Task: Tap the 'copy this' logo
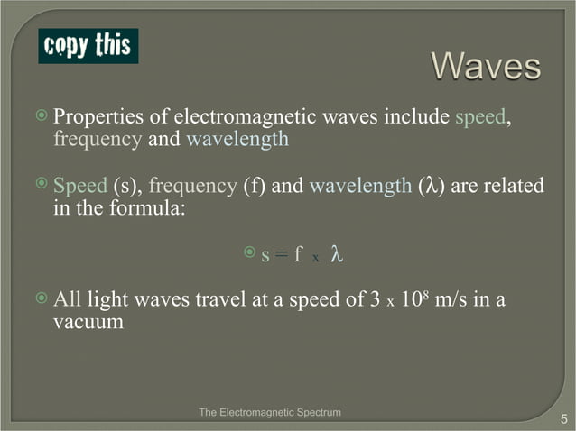88,45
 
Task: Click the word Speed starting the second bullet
80,187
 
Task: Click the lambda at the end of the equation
337,255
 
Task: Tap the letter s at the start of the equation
265,256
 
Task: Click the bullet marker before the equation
250,255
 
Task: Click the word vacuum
88,322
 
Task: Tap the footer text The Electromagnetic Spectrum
270,412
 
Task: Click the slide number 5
562,417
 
